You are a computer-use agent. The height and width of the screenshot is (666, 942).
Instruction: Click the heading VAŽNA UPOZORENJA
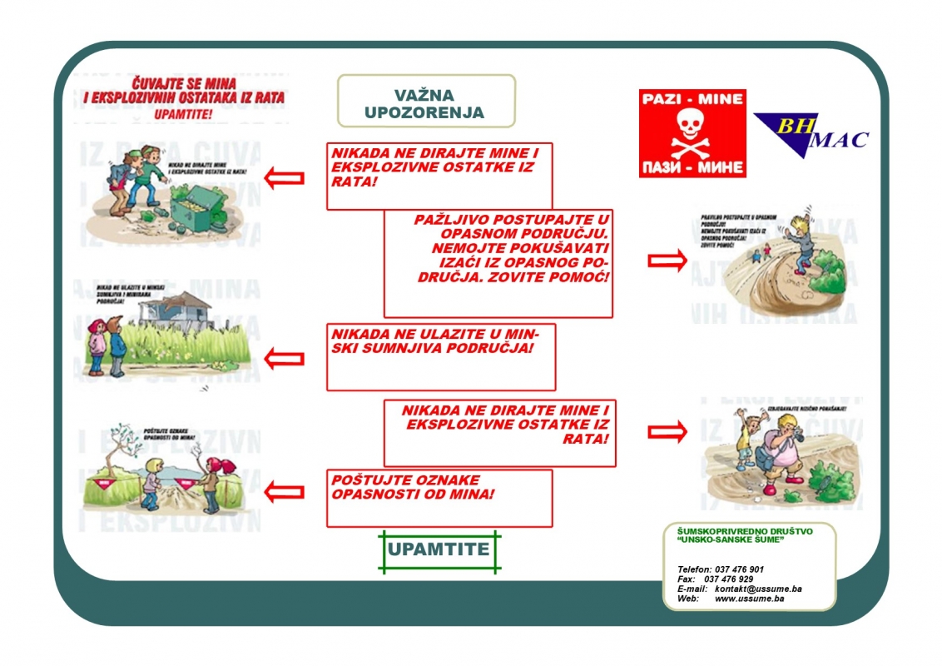tap(424, 104)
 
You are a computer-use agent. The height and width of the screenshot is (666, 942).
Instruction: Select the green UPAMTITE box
tap(438, 550)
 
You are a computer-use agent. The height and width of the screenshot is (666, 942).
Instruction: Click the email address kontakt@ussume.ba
tap(758, 589)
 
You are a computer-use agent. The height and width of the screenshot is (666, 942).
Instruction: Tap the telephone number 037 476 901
tap(739, 569)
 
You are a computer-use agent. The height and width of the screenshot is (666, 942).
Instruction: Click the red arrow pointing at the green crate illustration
tap(284, 177)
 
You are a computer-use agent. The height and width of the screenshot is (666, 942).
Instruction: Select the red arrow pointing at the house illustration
tap(284, 359)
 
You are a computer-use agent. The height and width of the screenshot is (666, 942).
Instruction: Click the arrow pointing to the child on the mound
tap(667, 261)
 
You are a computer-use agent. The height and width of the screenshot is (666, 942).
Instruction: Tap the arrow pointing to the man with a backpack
tap(667, 430)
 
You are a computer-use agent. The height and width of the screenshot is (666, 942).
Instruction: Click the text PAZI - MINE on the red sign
tap(692, 99)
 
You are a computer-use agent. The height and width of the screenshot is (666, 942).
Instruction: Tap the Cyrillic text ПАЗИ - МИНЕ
tap(692, 166)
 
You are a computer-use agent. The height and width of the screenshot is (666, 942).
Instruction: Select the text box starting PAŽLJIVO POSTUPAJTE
tap(498, 263)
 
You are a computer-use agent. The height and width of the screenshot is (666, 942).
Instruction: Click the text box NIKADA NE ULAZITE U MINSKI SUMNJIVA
tap(440, 357)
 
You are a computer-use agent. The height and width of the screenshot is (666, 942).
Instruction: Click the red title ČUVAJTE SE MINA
tap(184, 91)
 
